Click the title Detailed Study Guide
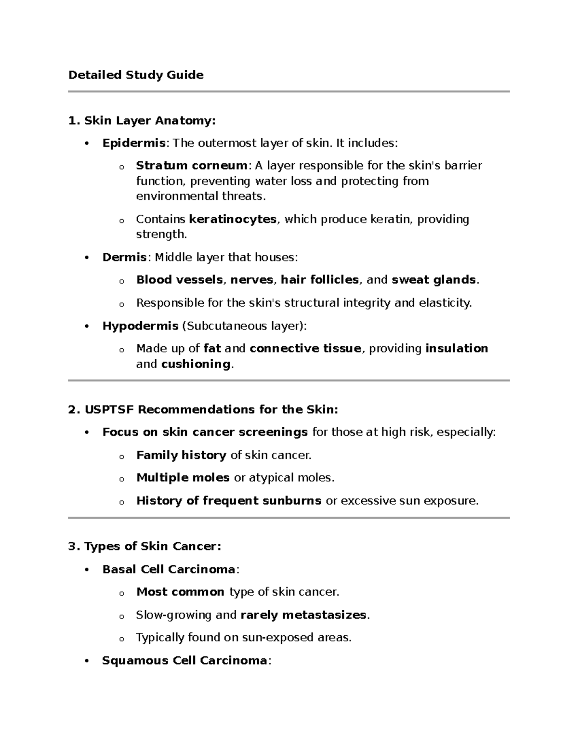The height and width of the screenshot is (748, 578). click(136, 75)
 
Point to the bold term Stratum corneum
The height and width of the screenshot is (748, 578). click(191, 166)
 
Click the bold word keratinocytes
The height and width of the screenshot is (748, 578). click(233, 219)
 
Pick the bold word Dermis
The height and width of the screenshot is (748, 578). click(124, 257)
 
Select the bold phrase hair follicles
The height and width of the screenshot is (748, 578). click(320, 280)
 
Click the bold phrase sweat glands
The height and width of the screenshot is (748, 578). click(433, 280)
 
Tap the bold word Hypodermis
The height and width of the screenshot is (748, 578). click(140, 326)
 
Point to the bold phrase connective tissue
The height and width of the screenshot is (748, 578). click(305, 348)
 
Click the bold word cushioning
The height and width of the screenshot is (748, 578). click(196, 364)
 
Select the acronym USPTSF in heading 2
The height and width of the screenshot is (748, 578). click(109, 409)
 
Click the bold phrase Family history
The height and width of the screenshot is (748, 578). click(181, 455)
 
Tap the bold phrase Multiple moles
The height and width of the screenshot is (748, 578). click(183, 478)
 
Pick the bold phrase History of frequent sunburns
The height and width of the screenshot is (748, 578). click(228, 501)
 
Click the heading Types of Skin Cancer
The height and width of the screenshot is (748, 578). click(152, 546)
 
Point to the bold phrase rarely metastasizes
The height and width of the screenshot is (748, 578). click(303, 615)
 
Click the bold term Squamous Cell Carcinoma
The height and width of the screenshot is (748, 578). click(184, 660)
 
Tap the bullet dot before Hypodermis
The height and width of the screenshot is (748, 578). click(87, 327)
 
